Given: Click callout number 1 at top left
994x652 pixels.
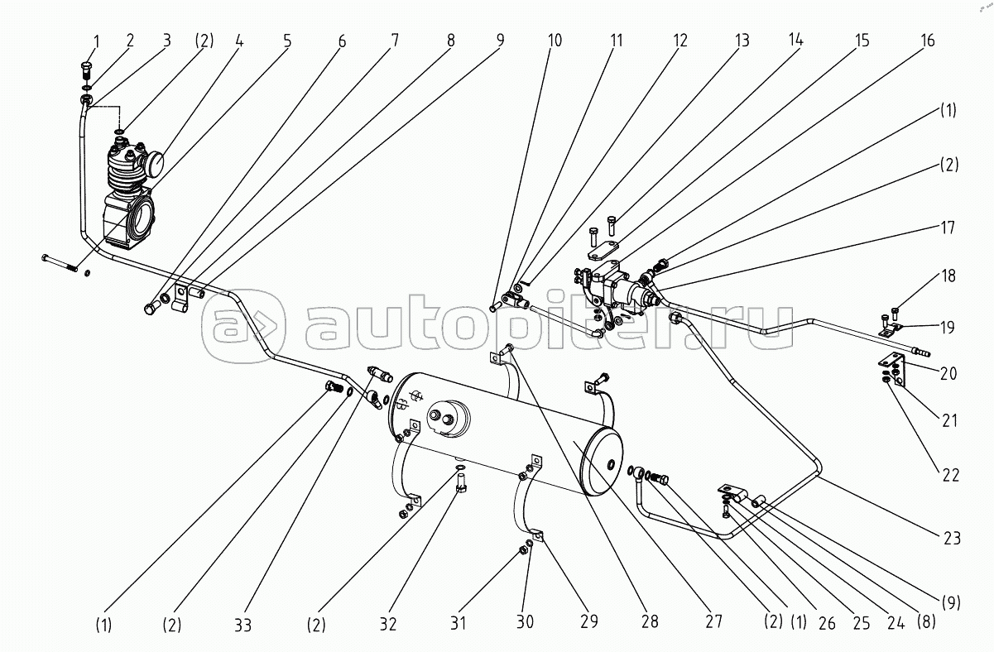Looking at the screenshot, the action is coord(96,42).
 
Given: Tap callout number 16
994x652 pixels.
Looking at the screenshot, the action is coord(927,41).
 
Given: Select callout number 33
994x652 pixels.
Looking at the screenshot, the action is coord(242,626).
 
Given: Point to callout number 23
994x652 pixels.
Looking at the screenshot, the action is coord(950,539).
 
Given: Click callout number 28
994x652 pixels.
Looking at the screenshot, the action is coord(650,622).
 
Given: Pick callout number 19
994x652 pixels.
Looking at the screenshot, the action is coord(948,328).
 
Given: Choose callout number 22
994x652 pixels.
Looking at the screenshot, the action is coord(950,476).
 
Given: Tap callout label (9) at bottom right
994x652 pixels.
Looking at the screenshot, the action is coord(951,602).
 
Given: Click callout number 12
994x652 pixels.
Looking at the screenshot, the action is coord(679,41).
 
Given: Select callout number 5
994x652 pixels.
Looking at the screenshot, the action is coord(287,41).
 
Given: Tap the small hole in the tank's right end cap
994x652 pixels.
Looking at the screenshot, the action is coord(612,464).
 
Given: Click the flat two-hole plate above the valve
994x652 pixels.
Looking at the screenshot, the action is coord(603,251).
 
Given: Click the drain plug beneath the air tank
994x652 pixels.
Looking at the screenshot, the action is coord(462,482).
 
